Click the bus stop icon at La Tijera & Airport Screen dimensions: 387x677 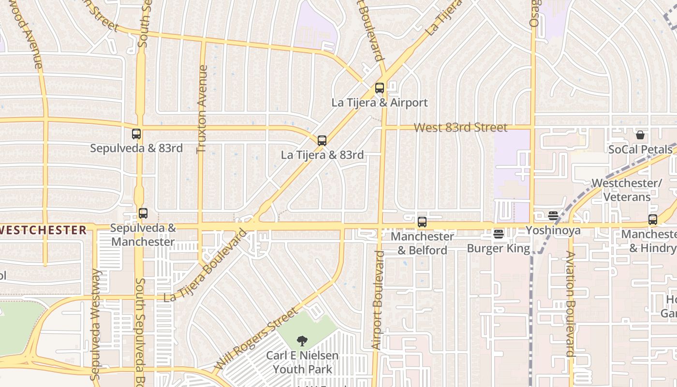point(380,88)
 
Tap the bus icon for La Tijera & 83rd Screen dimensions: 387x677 point(322,141)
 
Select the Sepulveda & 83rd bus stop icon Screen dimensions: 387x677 point(136,134)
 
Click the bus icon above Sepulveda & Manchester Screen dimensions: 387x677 point(143,213)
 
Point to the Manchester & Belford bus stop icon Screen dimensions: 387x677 point(422,222)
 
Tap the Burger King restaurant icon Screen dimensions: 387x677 point(499,235)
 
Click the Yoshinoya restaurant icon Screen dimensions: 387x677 point(553,216)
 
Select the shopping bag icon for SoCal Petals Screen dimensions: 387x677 point(640,135)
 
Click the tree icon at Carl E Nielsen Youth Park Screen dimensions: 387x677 point(302,341)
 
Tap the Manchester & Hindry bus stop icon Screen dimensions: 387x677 point(653,220)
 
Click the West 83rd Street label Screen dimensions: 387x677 point(461,128)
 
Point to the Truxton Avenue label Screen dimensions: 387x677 point(202,109)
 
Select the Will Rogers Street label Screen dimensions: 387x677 point(257,338)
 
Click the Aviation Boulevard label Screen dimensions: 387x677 point(571,304)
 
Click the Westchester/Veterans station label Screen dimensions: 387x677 point(627,190)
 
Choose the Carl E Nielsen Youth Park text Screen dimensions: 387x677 point(302,362)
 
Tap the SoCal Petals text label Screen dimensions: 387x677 point(640,149)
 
